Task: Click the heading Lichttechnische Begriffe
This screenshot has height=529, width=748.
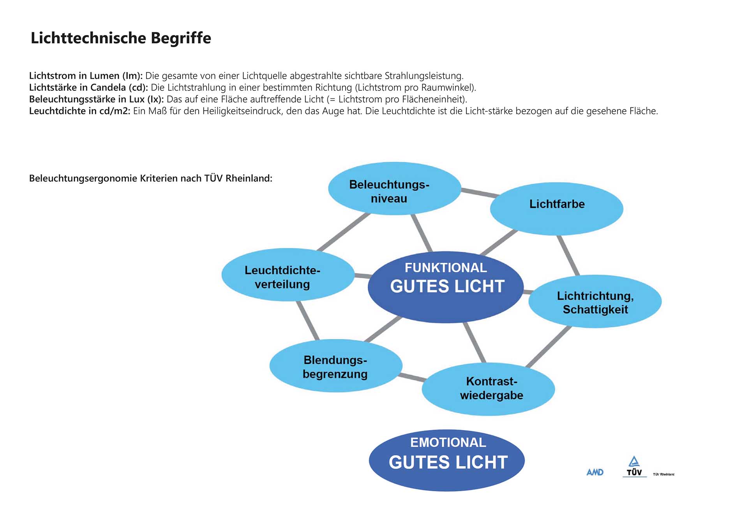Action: tap(121, 38)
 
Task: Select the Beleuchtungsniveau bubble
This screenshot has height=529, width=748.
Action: tap(394, 189)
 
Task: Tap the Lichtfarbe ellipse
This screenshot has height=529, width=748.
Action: tap(556, 209)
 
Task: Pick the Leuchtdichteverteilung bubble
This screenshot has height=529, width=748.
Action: tap(288, 275)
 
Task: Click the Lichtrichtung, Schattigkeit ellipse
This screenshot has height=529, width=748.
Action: tap(595, 302)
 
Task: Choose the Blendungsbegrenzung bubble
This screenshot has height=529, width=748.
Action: tap(335, 366)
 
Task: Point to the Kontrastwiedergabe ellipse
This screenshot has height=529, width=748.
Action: tap(488, 389)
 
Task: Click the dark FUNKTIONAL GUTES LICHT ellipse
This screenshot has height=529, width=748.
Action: tap(446, 287)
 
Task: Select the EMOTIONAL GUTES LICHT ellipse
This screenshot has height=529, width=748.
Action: tap(446, 460)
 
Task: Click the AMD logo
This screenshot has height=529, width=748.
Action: tap(595, 472)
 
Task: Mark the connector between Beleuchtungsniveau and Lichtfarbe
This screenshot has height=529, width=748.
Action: tap(479, 192)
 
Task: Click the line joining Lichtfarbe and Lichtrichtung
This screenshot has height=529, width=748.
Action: tap(568, 255)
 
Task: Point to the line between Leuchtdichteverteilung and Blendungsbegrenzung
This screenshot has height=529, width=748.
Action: tap(307, 320)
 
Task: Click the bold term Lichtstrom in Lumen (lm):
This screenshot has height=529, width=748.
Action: tap(86, 76)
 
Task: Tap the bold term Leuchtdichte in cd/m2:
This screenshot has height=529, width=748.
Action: tap(79, 111)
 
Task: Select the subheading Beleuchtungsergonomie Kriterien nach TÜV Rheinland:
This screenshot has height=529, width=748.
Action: tap(150, 178)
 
